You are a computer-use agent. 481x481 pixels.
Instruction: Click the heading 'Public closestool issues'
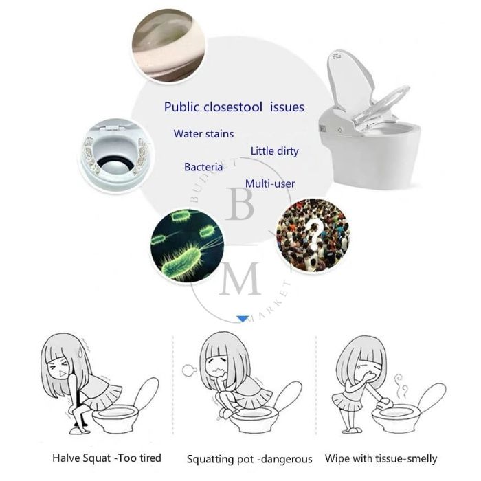point(234,107)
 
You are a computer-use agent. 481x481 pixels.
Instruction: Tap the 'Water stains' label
point(203,133)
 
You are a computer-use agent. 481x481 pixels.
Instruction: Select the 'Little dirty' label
point(274,150)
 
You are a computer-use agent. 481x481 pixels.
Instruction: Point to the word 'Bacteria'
point(203,167)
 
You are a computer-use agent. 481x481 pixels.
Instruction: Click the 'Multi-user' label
point(270,183)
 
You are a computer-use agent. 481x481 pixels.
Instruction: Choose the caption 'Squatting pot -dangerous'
point(249,458)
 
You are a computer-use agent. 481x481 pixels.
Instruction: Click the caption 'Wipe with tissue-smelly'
point(381,458)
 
